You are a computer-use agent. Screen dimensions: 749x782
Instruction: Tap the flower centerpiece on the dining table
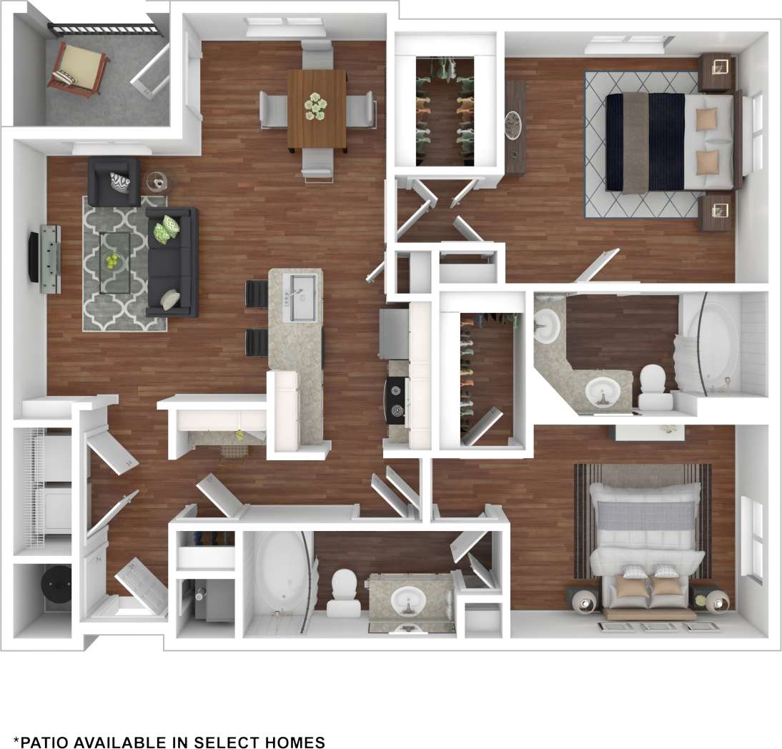(315, 106)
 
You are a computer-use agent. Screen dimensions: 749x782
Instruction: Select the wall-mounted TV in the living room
(33, 257)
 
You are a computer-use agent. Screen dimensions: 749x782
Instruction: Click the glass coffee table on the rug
(114, 262)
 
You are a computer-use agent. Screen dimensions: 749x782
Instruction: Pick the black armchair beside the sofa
(113, 182)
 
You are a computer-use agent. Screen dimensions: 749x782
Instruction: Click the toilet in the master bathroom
(652, 385)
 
